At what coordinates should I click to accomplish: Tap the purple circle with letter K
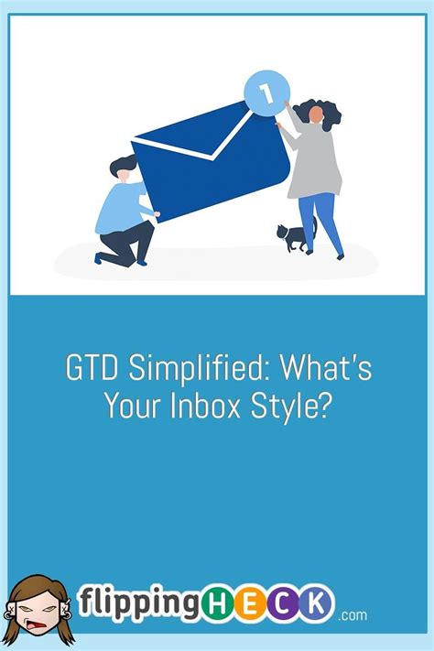tap(317, 603)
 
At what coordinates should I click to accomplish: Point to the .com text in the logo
tap(352, 615)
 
